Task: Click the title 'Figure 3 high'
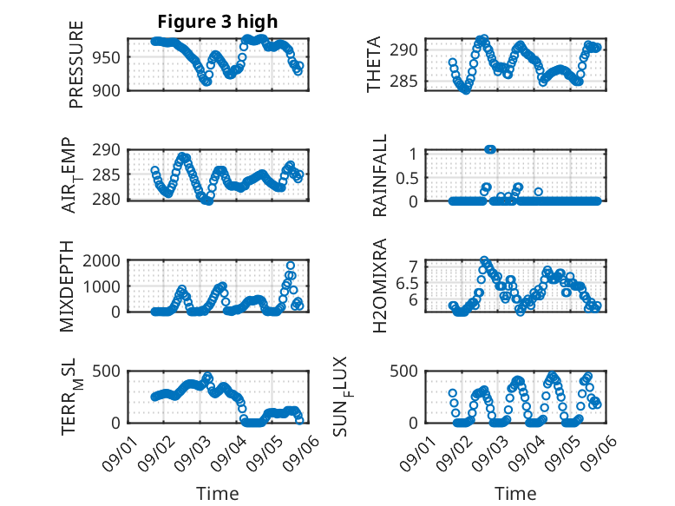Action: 218,22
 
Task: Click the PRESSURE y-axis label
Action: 75,64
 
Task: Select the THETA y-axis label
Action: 374,64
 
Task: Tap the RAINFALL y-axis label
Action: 380,175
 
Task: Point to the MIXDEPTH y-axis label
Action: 67,286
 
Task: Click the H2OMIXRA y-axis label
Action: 380,286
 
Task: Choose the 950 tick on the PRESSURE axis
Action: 107,57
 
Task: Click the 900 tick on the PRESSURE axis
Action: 107,90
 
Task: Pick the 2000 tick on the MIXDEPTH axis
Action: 102,260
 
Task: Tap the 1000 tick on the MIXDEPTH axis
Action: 102,286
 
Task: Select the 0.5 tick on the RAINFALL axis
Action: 407,177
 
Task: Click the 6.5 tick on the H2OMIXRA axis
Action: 407,283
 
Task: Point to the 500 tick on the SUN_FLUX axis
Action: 404,371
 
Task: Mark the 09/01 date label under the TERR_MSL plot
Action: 120,453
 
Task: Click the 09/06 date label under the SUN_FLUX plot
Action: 599,453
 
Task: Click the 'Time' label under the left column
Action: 218,493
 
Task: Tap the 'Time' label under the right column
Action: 515,493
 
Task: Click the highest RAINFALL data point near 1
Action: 490,149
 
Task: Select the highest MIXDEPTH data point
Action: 291,266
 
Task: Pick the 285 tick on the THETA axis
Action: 404,81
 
